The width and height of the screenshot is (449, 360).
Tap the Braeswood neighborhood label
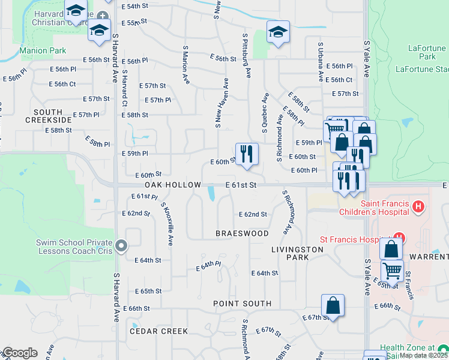pos(243,233)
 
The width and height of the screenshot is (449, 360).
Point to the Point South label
pos(243,304)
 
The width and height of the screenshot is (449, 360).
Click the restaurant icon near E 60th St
pos(247,154)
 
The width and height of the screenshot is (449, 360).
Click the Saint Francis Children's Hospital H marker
pos(419,207)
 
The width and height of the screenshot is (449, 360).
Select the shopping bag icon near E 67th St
pos(333,305)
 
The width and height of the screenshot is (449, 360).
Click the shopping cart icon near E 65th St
pos(392,270)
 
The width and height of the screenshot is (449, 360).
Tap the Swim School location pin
pos(122,245)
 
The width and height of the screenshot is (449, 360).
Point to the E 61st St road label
pos(241,185)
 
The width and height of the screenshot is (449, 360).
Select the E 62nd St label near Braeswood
pos(253,214)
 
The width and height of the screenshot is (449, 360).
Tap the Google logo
pos(19,352)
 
